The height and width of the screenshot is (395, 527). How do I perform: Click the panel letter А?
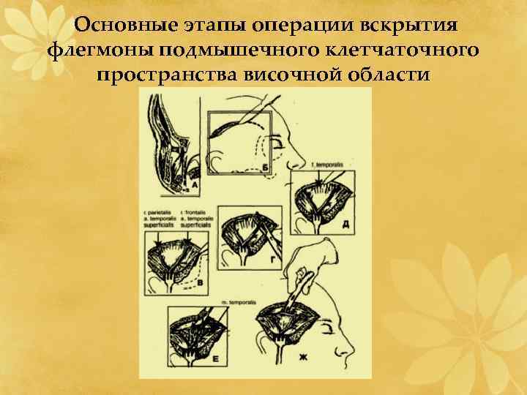click(194, 185)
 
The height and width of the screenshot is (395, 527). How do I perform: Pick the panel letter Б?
click(266, 169)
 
